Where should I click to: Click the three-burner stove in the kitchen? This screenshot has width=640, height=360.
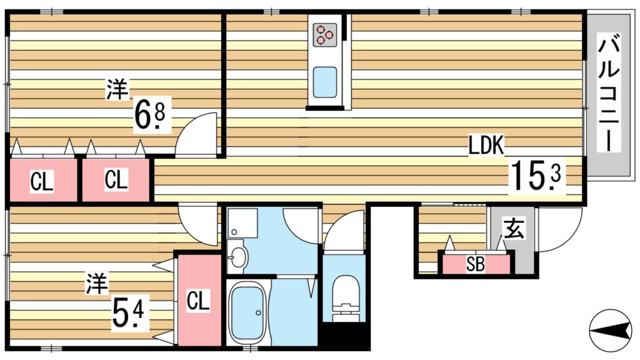tap(325, 34)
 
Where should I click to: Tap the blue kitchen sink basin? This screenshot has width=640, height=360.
tap(325, 82)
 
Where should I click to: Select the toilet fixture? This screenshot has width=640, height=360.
tap(345, 298)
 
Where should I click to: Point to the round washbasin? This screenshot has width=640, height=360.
tap(237, 257)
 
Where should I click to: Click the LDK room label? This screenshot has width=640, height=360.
tap(486, 145)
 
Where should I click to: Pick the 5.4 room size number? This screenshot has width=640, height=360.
tap(127, 312)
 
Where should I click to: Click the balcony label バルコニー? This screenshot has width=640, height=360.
tap(609, 91)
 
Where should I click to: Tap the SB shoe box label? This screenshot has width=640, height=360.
tap(476, 264)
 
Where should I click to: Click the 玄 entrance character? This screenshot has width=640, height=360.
tap(514, 229)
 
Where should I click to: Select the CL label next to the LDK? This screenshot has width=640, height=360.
tap(116, 179)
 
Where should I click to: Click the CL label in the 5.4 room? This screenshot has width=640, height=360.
tap(198, 301)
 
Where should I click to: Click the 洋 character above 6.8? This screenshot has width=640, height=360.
tap(117, 89)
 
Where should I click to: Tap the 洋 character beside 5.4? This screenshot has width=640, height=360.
tap(96, 284)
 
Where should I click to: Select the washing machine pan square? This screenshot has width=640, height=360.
tap(242, 223)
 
